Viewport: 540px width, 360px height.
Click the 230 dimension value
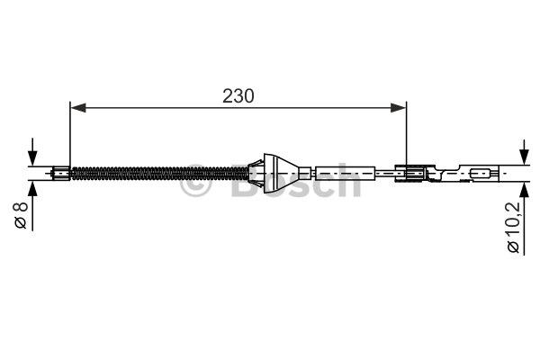(x=238, y=96)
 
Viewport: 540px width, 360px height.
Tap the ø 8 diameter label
(x=21, y=215)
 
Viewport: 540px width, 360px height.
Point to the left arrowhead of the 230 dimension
(x=78, y=108)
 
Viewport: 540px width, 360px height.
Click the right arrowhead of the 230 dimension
(x=399, y=108)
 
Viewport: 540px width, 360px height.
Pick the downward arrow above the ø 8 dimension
(x=32, y=152)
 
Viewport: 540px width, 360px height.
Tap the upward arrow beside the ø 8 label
(x=32, y=206)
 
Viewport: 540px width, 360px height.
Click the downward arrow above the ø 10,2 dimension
(x=524, y=152)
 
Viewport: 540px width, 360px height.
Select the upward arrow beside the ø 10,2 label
(x=524, y=219)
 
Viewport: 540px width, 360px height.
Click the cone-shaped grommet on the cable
(x=279, y=173)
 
